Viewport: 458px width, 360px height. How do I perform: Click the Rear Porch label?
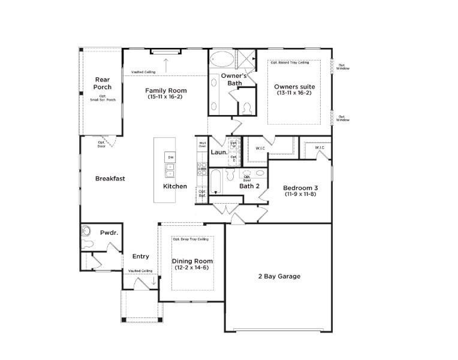click(x=103, y=83)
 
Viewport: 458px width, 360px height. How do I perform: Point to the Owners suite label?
click(x=294, y=87)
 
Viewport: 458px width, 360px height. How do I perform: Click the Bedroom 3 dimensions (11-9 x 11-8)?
click(x=300, y=195)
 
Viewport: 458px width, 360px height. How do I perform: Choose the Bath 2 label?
click(x=249, y=186)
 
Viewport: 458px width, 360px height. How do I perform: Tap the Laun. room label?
click(x=218, y=152)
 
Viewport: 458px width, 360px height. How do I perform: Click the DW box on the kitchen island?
click(x=170, y=157)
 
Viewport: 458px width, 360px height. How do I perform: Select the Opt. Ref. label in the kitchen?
click(x=202, y=194)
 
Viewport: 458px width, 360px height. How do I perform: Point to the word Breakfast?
click(x=110, y=179)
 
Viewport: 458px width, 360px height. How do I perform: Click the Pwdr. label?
click(x=108, y=232)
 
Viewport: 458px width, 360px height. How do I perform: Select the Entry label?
click(x=141, y=256)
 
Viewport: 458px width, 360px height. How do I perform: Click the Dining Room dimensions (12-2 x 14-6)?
click(x=192, y=268)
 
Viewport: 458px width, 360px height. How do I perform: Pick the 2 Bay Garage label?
click(x=279, y=276)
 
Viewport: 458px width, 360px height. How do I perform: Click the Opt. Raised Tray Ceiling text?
click(x=290, y=62)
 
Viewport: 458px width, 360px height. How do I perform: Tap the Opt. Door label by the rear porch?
click(x=102, y=144)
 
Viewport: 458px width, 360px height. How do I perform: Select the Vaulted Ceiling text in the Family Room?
click(x=143, y=72)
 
